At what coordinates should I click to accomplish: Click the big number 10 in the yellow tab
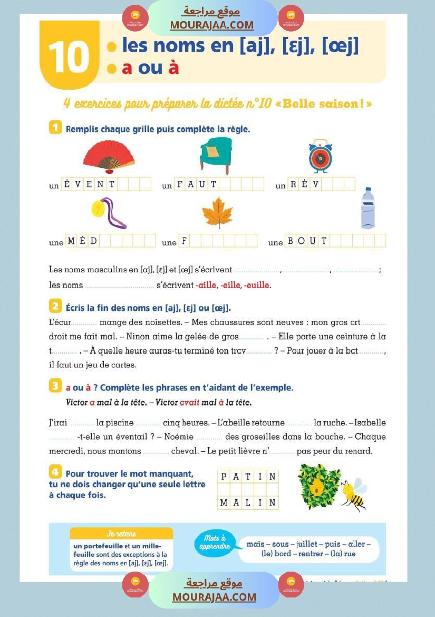coord(69,57)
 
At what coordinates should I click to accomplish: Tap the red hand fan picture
coord(109,157)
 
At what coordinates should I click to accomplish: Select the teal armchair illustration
coord(216,155)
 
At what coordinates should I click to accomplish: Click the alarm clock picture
coord(321,156)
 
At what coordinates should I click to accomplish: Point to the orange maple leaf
coord(217,212)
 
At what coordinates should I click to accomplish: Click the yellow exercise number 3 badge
coord(55,386)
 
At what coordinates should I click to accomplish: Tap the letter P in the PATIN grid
coord(224,477)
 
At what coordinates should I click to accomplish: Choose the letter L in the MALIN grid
coord(248,503)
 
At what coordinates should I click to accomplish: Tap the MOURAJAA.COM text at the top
coord(211,25)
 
